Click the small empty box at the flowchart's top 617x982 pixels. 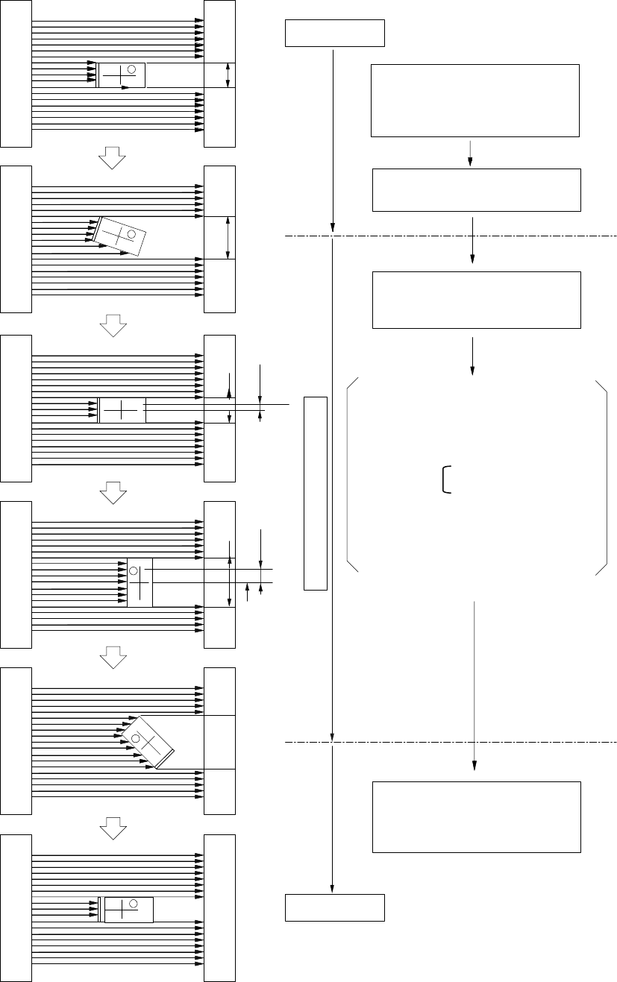coord(335,34)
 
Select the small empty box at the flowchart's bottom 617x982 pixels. coord(335,907)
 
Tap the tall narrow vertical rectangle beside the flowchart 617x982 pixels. coord(316,493)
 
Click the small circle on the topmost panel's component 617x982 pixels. coord(131,69)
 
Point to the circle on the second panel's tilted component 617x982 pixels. coord(131,235)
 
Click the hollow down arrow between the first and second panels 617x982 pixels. coord(113,156)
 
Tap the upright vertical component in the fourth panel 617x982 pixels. coord(140,582)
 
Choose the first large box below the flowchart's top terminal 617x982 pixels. coord(475,101)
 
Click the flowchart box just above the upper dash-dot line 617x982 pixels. coord(476,190)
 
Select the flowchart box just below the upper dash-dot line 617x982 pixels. coord(476,300)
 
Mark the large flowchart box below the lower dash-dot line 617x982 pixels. coord(476,816)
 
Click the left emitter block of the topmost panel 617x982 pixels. coord(16,73)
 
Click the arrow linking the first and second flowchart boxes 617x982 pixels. coord(470,153)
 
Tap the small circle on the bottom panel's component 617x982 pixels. coord(133,904)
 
